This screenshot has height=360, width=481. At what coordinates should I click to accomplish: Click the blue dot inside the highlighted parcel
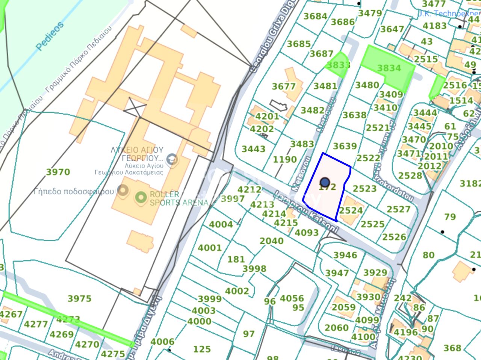[x=325, y=183]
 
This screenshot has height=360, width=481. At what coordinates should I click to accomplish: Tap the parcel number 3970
[x=58, y=172]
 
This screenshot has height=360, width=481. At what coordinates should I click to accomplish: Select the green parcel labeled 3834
[x=389, y=68]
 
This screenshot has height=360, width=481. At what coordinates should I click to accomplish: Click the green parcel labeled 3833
[x=338, y=65]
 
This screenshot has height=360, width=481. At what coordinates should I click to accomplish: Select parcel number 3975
[x=79, y=299]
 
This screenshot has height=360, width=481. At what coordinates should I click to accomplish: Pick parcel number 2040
[x=271, y=241]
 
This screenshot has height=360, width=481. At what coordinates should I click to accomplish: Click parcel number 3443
[x=253, y=149]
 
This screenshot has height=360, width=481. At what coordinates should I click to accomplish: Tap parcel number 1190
[x=284, y=159]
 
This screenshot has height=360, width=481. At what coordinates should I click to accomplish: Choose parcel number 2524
[x=351, y=210]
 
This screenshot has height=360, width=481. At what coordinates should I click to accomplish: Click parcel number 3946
[x=345, y=256]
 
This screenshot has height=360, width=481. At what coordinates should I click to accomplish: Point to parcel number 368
[x=452, y=348]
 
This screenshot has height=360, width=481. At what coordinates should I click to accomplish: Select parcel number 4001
[x=209, y=248]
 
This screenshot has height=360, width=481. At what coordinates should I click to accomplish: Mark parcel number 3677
[x=284, y=86]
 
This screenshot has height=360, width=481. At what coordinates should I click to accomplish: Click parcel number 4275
[x=113, y=354]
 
